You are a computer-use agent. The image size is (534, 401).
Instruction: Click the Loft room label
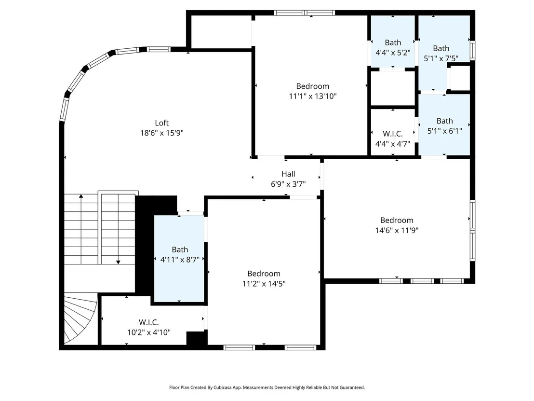(162, 123)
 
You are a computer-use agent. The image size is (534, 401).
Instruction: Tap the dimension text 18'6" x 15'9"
(162, 133)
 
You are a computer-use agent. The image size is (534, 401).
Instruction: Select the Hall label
(288, 174)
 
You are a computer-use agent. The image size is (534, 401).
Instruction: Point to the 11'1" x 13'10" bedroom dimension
(313, 96)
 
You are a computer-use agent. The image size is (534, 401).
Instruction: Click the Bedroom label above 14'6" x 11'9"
(397, 220)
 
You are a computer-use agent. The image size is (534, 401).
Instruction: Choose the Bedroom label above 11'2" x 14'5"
(264, 274)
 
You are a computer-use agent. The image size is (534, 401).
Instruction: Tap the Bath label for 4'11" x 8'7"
(180, 249)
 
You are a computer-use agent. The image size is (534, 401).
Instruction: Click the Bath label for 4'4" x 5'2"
(393, 42)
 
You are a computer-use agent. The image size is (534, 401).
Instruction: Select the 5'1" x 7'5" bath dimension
(441, 59)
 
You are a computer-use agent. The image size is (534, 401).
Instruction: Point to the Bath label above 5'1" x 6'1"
(445, 121)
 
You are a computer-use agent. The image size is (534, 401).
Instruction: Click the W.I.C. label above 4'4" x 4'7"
(393, 134)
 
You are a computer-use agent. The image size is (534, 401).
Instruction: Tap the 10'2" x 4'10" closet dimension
(149, 332)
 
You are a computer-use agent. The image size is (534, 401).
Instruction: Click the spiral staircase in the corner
(80, 318)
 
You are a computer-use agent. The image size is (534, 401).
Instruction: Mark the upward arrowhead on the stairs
(81, 196)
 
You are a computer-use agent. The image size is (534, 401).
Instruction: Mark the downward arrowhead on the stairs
(118, 262)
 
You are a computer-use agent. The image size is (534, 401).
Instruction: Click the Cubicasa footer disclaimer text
(267, 387)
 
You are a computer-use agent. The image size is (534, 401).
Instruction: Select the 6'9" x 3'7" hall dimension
(288, 184)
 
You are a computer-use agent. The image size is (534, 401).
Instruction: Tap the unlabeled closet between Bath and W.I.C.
(393, 88)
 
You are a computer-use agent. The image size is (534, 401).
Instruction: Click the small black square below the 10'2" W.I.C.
(197, 338)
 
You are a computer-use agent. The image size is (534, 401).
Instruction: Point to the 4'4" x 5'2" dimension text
(393, 53)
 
